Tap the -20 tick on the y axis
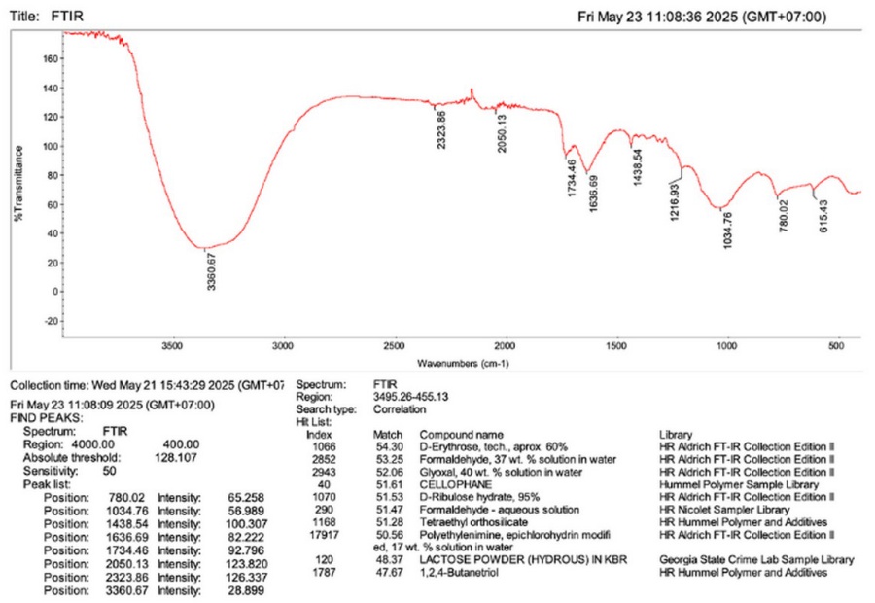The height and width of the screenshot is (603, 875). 50,320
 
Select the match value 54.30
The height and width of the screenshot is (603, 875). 388,444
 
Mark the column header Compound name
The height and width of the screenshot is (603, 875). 462,433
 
